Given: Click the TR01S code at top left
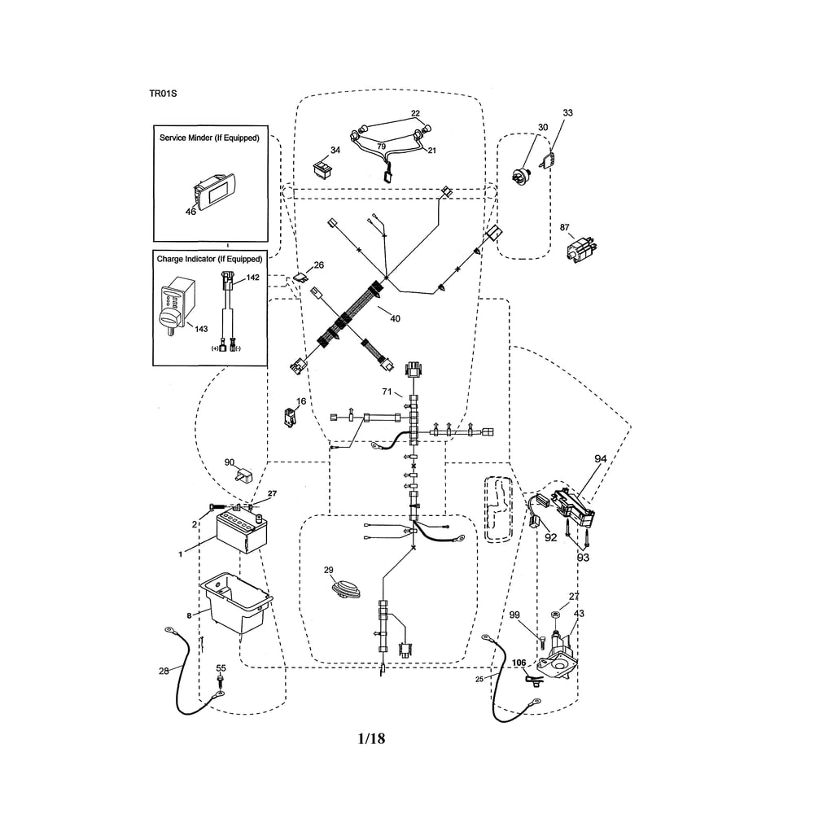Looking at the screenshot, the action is tap(163, 94).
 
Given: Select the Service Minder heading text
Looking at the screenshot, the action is tap(209, 138).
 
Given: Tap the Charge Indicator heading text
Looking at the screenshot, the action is tap(210, 259).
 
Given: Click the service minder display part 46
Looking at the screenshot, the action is tap(214, 191).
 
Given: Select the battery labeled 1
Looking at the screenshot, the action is tap(242, 532).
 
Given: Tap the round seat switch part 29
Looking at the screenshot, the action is tap(346, 589).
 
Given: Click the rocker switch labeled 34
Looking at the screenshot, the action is tap(323, 168).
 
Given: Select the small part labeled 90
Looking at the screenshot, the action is tap(243, 475).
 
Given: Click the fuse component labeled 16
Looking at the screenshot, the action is tap(290, 417).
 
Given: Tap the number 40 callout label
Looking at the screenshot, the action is tap(395, 318).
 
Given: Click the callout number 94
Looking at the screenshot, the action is tap(601, 459).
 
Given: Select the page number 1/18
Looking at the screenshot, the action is tap(372, 738).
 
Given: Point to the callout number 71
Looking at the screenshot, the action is tap(387, 392).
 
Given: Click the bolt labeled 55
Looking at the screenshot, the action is tap(221, 681).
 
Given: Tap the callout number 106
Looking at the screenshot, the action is tap(519, 663).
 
